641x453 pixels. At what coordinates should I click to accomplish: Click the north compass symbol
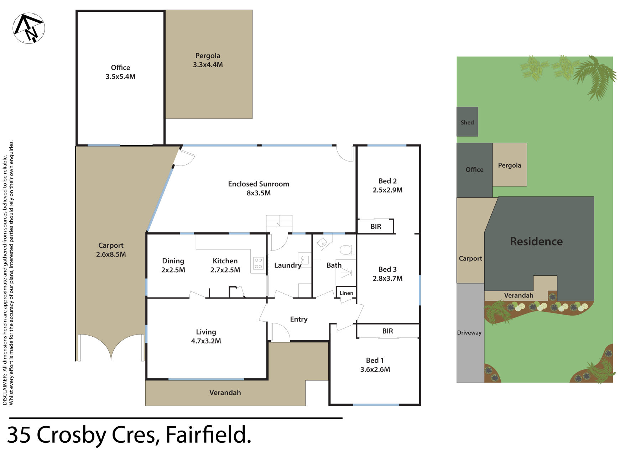(x=28, y=28)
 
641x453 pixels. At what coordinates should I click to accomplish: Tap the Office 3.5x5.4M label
(x=120, y=72)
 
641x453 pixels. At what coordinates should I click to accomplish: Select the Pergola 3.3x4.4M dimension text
(x=208, y=65)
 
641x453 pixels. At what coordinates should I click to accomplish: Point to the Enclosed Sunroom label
(x=259, y=184)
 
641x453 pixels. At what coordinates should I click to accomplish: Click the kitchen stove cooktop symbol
(x=258, y=263)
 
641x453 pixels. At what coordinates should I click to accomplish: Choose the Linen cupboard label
(x=346, y=293)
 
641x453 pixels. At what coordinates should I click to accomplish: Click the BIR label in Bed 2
(x=376, y=227)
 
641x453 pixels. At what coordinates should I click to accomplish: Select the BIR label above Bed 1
(x=387, y=331)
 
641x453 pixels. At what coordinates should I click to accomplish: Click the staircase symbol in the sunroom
(x=279, y=221)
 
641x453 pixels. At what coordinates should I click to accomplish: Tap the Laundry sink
(x=304, y=259)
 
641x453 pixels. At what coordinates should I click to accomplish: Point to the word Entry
(x=298, y=319)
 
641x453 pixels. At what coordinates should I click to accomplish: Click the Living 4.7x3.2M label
(x=206, y=336)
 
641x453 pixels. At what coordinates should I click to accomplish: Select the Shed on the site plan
(x=467, y=121)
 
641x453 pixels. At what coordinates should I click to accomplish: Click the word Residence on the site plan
(x=536, y=241)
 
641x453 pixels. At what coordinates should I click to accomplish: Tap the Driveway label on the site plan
(x=469, y=333)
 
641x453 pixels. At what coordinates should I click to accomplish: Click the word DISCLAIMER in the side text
(x=5, y=389)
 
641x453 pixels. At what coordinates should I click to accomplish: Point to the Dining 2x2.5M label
(x=173, y=265)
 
